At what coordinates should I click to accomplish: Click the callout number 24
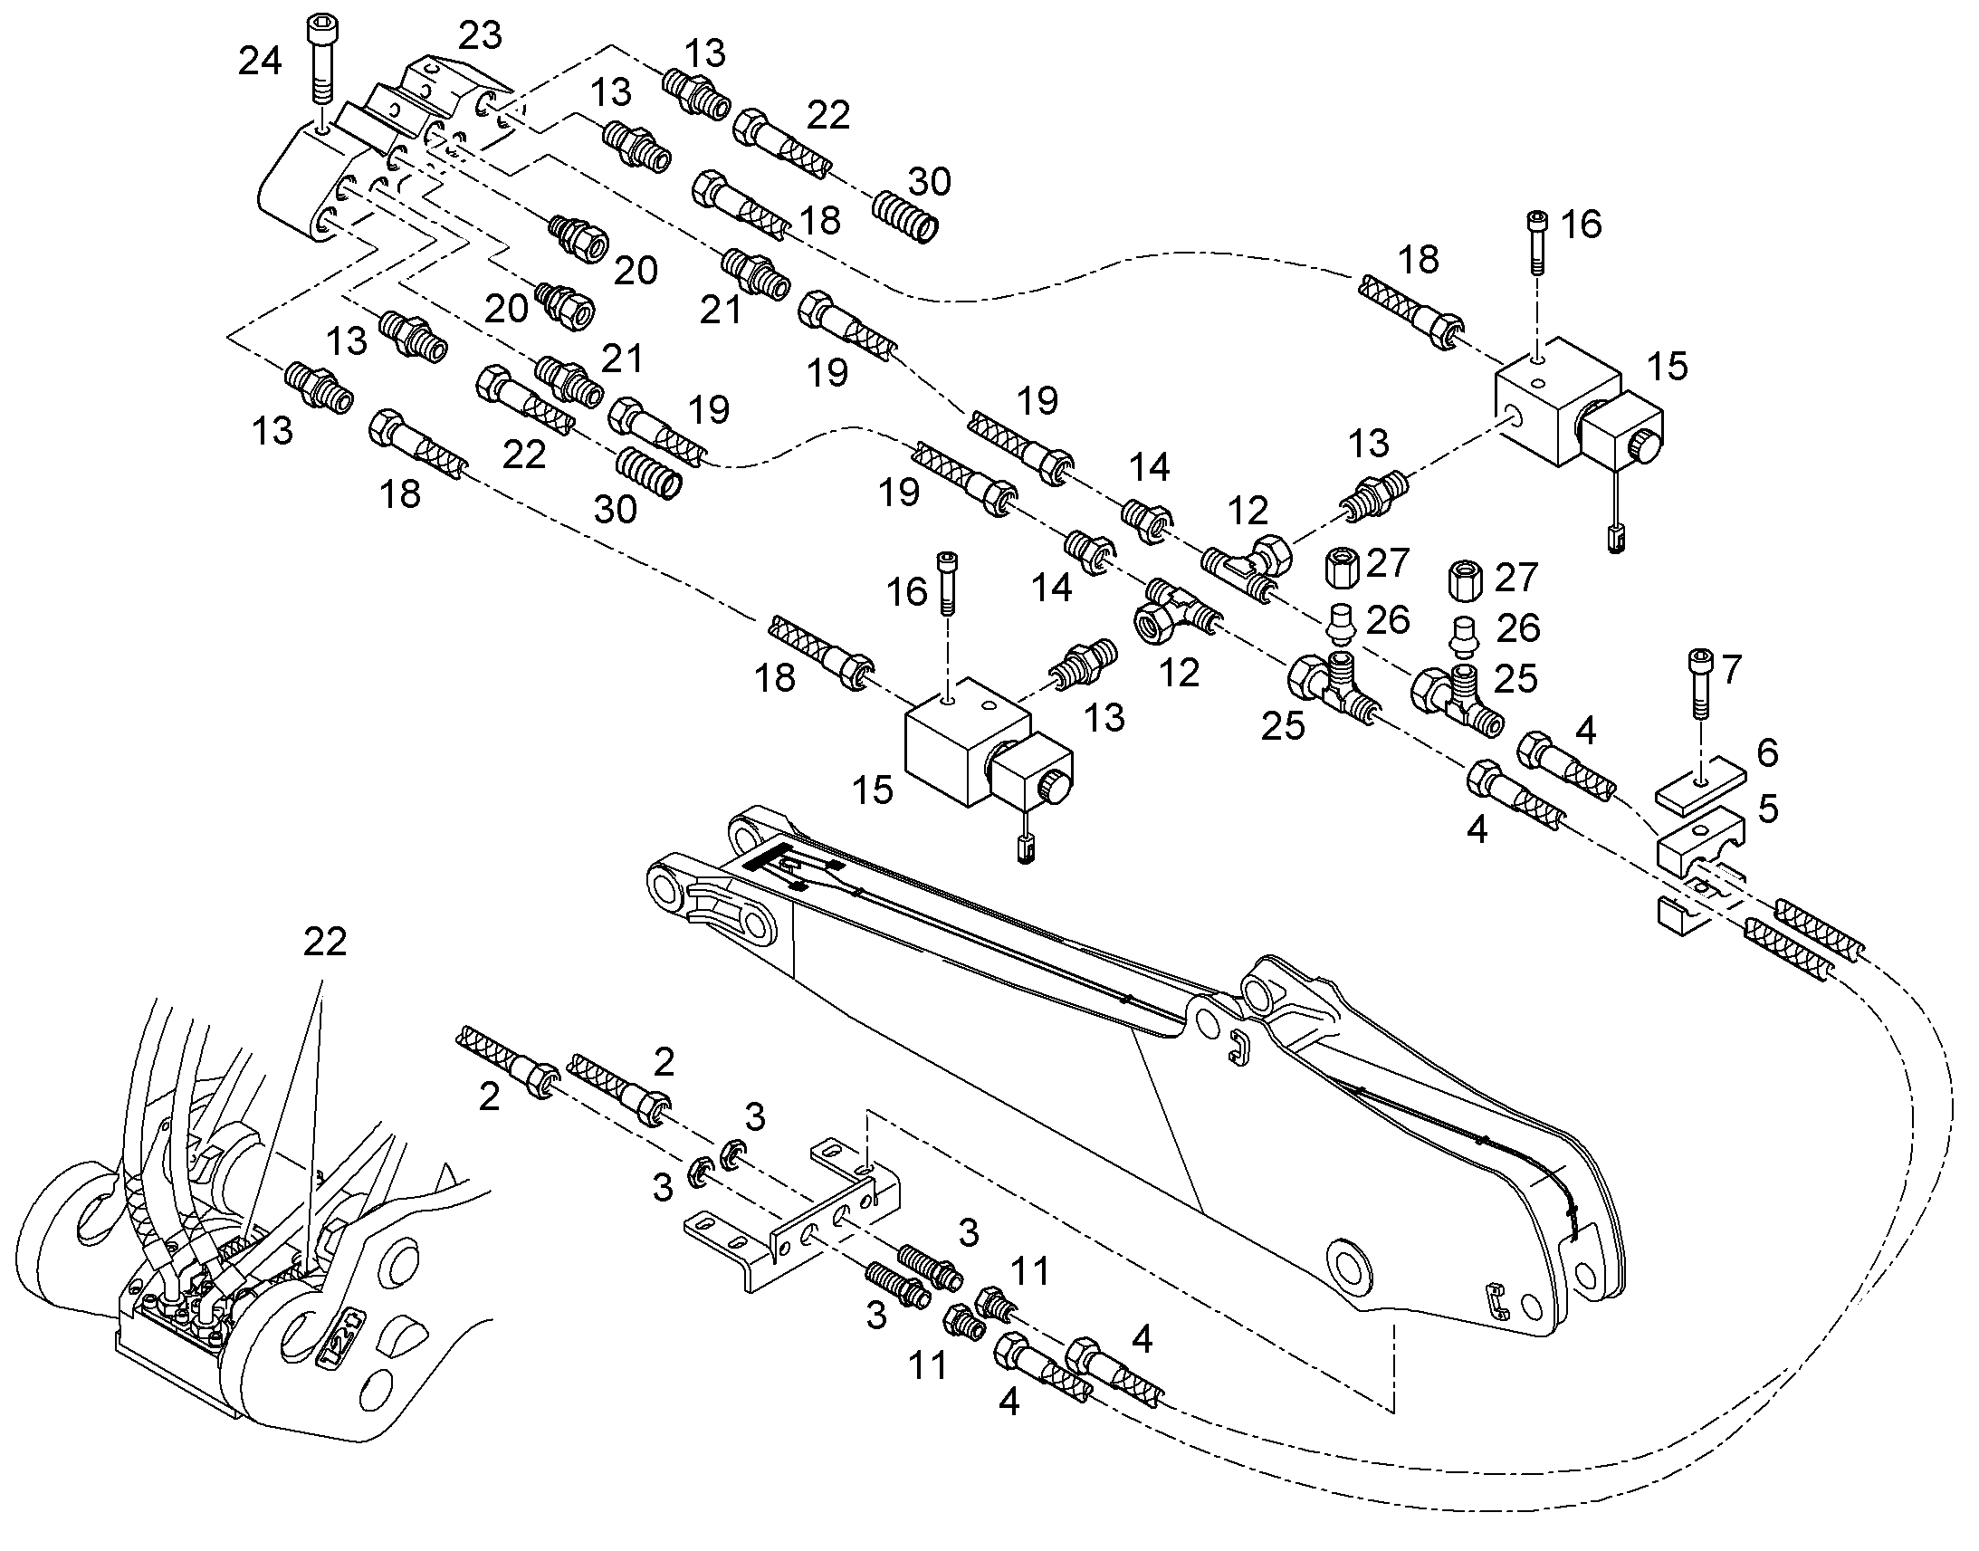click(260, 62)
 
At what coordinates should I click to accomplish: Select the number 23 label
click(480, 36)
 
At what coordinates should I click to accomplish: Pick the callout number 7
click(1731, 669)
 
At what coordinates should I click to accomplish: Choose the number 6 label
click(1767, 752)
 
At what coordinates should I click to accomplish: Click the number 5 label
click(1767, 809)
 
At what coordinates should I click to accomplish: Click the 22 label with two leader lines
click(325, 942)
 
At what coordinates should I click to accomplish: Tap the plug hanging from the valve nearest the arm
click(1026, 851)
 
